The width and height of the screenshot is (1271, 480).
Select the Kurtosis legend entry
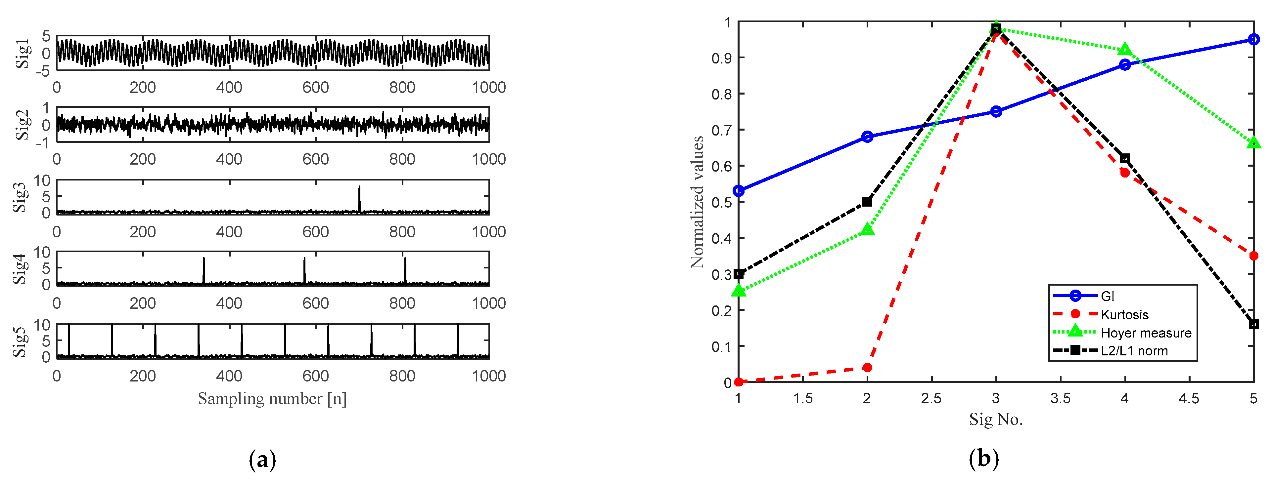(x=1124, y=314)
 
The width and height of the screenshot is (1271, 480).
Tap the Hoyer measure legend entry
(x=1146, y=333)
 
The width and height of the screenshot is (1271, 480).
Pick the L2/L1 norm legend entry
(x=1134, y=351)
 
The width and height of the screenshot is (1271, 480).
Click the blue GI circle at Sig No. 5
(x=1253, y=39)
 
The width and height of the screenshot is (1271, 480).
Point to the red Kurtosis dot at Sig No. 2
(x=867, y=368)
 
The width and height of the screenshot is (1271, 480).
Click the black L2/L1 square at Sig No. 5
(x=1253, y=324)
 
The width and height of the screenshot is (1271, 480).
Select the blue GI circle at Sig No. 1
(x=739, y=191)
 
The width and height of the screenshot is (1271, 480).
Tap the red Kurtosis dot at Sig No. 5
(x=1253, y=256)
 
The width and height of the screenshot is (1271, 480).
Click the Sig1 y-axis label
(x=22, y=53)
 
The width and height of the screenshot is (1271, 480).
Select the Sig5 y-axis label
(x=20, y=341)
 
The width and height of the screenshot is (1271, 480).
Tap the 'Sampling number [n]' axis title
(x=272, y=399)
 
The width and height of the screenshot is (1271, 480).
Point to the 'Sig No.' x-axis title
(x=996, y=420)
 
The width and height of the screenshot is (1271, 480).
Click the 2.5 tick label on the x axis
(x=931, y=399)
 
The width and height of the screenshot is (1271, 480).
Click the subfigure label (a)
(x=262, y=460)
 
